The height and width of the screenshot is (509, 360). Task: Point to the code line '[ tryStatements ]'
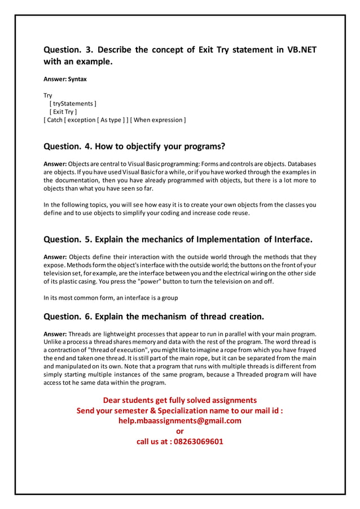(x=73, y=104)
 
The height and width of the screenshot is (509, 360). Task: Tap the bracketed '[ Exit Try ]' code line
(x=63, y=112)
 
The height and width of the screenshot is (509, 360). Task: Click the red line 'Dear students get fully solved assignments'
(x=179, y=400)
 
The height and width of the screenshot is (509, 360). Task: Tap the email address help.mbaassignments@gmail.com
(x=179, y=420)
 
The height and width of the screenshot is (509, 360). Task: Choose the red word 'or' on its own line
(x=180, y=431)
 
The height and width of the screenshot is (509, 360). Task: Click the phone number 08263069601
(x=198, y=441)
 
